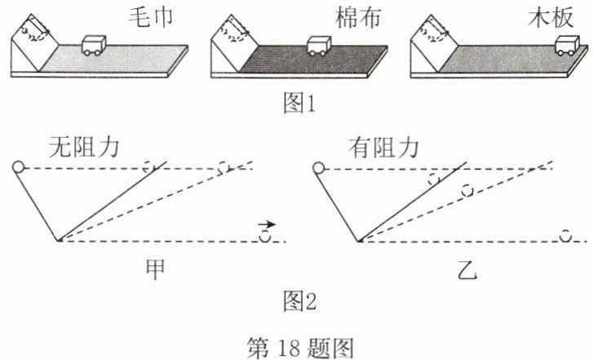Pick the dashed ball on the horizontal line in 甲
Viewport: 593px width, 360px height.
(x=265, y=237)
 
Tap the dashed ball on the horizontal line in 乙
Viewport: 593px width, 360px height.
(x=564, y=237)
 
